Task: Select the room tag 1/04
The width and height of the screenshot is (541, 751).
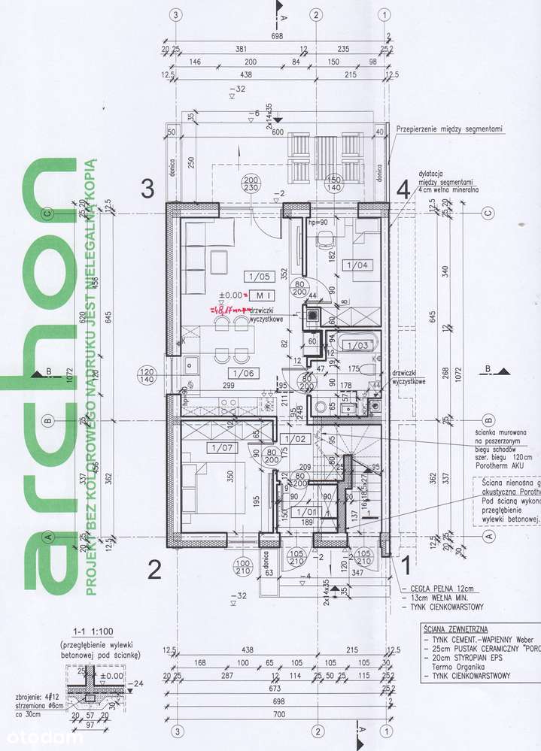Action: click(354, 264)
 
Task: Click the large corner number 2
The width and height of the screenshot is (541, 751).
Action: click(153, 571)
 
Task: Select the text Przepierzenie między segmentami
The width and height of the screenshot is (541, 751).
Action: click(448, 129)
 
